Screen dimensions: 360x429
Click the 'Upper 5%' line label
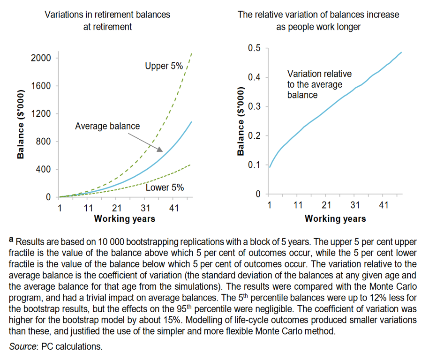coord(164,66)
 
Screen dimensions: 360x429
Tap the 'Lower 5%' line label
coord(165,188)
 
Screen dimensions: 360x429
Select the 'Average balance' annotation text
coord(107,126)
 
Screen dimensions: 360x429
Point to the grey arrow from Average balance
coord(145,142)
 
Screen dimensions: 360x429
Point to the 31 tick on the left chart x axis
coord(145,208)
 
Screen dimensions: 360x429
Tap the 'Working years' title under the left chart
coord(124,218)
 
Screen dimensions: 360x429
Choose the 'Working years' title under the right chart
coord(335,218)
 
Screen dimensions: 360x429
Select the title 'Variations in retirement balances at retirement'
coord(107,20)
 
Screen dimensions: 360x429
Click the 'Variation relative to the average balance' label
coord(319,84)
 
